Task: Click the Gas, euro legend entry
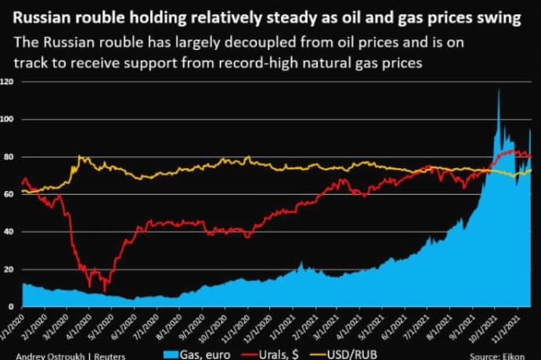pos(194,354)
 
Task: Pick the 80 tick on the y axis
pos(8,157)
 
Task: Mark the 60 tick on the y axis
pos(8,194)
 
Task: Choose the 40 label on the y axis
pos(8,232)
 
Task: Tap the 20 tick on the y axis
pos(8,269)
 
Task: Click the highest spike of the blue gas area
pos(499,90)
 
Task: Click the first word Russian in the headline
pos(37,18)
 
